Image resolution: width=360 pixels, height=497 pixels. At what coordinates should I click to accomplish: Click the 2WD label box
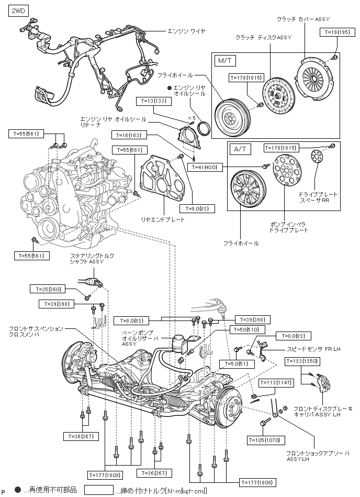tap(18, 10)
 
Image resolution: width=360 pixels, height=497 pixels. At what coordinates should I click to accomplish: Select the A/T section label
tap(240, 149)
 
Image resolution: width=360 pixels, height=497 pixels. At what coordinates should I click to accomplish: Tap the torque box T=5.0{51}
tap(237, 363)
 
